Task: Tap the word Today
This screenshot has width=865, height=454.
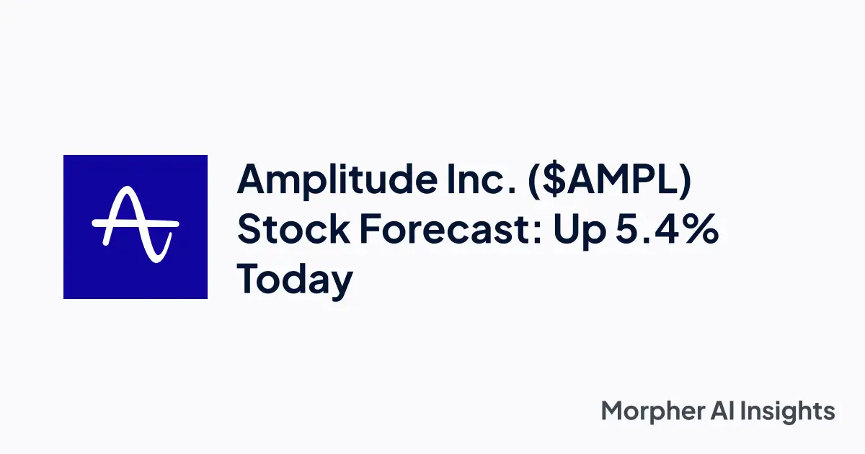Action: tap(296, 280)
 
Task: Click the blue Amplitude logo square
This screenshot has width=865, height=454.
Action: tap(136, 227)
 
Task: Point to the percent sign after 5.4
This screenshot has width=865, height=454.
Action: tap(701, 230)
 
